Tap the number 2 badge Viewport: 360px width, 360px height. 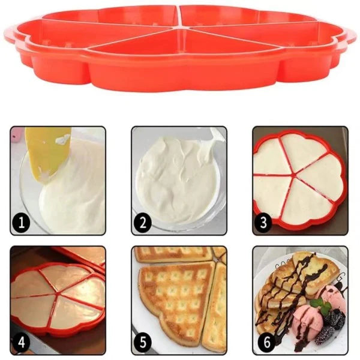pyautogui.click(x=142, y=223)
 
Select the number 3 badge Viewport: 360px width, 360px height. pyautogui.click(x=263, y=223)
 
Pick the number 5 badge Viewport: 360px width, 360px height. pyautogui.click(x=142, y=343)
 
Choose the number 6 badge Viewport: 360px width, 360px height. pyautogui.click(x=263, y=343)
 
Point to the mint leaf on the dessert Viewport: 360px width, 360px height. pyautogui.click(x=325, y=307)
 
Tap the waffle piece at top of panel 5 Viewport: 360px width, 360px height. pyautogui.click(x=171, y=254)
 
